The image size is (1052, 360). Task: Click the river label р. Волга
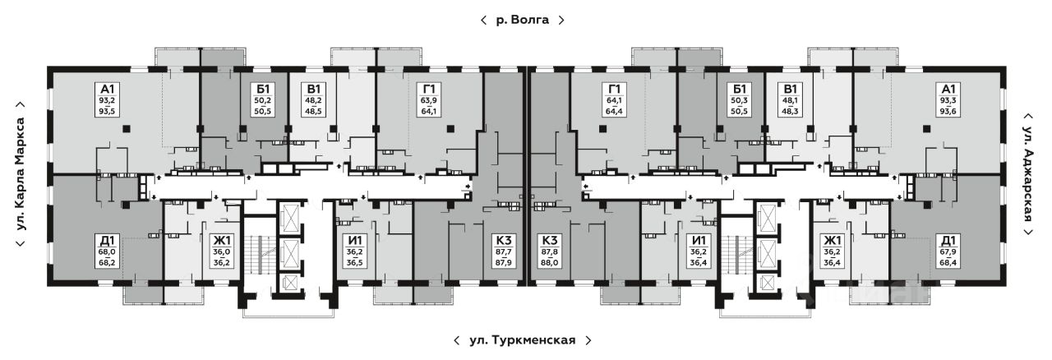522,20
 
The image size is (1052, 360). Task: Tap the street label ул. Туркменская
522,340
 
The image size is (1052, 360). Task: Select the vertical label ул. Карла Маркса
21,174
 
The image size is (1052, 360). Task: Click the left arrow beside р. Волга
483,20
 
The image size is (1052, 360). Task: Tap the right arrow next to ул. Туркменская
588,340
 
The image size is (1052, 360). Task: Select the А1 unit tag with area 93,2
108,100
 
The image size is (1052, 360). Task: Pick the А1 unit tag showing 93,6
948,100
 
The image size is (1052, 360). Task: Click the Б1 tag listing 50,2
263,100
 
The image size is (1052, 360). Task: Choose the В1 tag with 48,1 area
791,100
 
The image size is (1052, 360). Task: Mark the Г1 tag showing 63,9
429,100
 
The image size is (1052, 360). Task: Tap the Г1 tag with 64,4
614,100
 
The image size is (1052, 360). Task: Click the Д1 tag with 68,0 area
108,252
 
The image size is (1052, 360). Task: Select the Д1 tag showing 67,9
948,252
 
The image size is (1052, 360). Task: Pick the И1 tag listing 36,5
354,252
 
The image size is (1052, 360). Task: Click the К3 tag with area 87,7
504,252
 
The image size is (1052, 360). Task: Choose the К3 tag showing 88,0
550,252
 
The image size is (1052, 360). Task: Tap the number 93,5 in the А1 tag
108,112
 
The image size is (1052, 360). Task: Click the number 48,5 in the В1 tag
313,112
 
